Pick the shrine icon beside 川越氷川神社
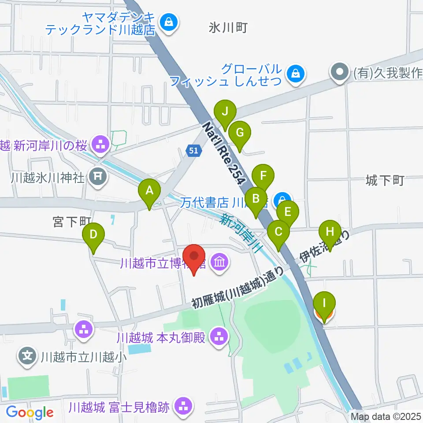pos(98,177)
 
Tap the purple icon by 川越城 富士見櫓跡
pos(182,405)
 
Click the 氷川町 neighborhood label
pos(228,29)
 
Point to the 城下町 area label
pos(385,180)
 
